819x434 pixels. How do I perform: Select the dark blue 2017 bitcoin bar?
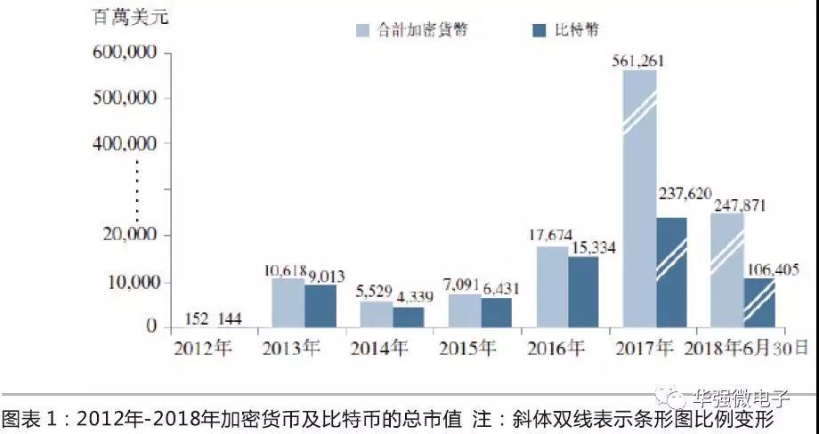(x=671, y=271)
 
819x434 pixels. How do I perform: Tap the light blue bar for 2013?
(x=288, y=302)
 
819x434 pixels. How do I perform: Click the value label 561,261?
(x=638, y=61)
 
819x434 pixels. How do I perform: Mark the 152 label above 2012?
(x=198, y=318)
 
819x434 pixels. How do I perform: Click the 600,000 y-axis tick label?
(x=125, y=53)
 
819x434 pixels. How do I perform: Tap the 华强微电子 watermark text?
(x=752, y=398)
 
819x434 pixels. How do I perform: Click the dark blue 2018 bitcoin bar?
(x=759, y=302)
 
